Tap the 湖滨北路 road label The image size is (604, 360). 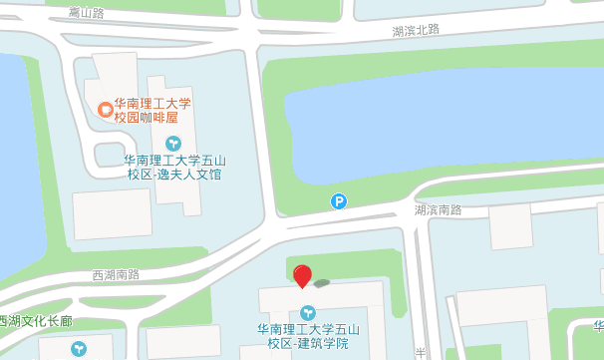point(416,31)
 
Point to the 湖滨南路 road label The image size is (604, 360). point(439,210)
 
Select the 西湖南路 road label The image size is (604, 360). point(117,274)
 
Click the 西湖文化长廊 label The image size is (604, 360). point(36,321)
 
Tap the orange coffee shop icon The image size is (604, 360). point(105,109)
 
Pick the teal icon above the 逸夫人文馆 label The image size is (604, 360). point(173,143)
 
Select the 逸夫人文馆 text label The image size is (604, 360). point(175,167)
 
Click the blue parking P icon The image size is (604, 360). point(339,201)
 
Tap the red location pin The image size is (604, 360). point(302,275)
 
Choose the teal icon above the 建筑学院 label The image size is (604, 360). point(307,312)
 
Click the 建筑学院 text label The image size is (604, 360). point(307,336)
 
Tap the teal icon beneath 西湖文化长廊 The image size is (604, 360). point(79,348)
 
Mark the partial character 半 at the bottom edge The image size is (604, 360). point(421,352)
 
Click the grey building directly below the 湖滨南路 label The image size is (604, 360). point(516,227)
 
